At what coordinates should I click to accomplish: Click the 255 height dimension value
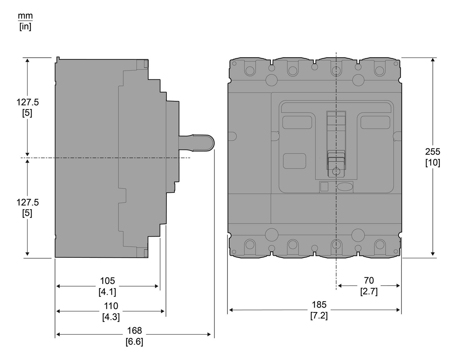(433, 152)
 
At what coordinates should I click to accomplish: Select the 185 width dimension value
(319, 304)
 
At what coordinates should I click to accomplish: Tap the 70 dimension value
(369, 280)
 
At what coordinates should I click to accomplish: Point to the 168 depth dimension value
(134, 331)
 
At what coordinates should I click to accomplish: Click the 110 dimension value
(111, 306)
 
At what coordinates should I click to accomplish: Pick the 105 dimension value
(107, 281)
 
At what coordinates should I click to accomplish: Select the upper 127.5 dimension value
(28, 102)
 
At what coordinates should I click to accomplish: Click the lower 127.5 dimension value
(28, 202)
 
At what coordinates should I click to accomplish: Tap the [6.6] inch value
(134, 342)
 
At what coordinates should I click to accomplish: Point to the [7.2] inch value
(319, 315)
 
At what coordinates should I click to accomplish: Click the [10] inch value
(433, 163)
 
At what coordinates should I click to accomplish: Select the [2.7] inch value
(369, 291)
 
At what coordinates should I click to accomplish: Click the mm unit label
(25, 16)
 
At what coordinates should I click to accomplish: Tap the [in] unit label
(25, 27)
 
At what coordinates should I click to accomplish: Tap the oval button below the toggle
(345, 187)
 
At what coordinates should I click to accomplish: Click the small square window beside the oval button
(324, 186)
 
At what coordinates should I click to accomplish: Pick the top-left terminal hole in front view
(250, 70)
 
